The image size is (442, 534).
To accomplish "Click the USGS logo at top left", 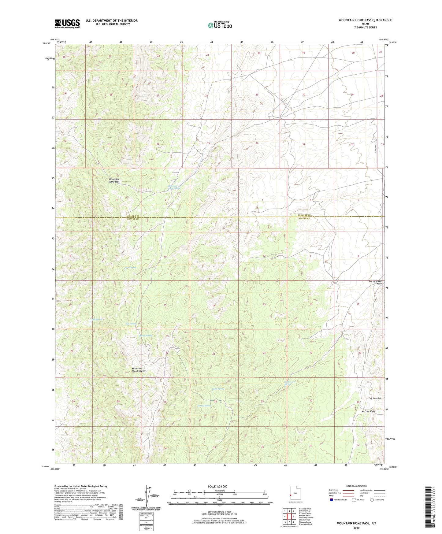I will click(67, 24).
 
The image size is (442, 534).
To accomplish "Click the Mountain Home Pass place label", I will click(114, 180).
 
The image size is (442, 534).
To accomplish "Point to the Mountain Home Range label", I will click(138, 369).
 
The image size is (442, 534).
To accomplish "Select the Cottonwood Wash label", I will click(375, 282).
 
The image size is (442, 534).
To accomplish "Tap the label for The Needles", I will click(374, 398).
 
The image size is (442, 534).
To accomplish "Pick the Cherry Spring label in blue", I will click(145, 336).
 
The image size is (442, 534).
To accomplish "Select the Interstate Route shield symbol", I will click(332, 500).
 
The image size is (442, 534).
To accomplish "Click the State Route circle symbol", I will click(372, 500).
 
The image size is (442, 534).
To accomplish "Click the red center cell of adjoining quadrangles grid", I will click(289, 516).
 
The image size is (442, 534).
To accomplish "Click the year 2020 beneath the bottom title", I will click(356, 528).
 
